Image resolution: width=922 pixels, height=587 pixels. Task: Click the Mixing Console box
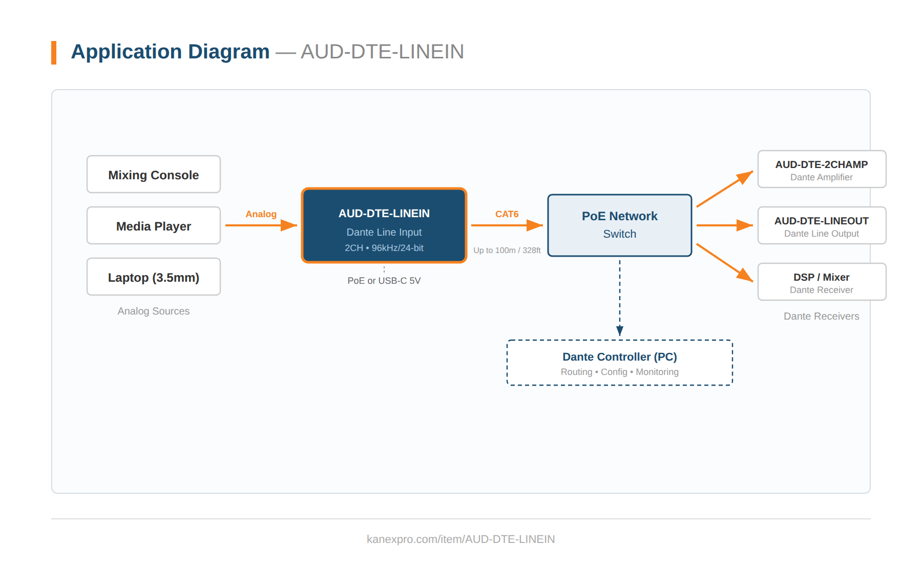[x=154, y=175]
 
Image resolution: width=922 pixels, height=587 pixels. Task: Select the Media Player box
[x=154, y=226]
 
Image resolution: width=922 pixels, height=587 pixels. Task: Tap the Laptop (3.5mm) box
[x=154, y=277]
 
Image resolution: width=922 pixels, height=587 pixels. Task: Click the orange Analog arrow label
[x=261, y=214]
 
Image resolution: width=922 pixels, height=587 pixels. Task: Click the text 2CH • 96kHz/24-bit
[x=384, y=248]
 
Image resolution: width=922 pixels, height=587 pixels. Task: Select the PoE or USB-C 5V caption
[x=384, y=281]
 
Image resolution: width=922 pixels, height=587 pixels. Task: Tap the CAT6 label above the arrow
[x=507, y=214]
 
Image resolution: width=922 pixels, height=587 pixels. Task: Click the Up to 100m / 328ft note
[x=507, y=250]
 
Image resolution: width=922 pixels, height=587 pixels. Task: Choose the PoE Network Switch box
[x=619, y=225]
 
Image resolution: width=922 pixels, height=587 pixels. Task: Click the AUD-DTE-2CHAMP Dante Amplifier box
[x=821, y=170]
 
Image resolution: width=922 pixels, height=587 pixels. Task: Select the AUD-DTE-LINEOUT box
[x=821, y=226]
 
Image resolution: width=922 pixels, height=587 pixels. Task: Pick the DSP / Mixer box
[x=821, y=282]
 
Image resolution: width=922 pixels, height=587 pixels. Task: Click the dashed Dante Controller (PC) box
[x=619, y=363]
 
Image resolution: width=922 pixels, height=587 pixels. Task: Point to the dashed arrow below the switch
[x=620, y=297]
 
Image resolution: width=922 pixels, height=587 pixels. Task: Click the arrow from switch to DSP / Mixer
[x=724, y=262]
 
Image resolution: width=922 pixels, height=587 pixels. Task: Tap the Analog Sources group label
[x=154, y=311]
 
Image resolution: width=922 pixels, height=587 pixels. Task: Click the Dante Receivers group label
[x=821, y=317]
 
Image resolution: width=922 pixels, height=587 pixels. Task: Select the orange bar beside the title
[x=54, y=53]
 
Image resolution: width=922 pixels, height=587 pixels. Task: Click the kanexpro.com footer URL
[x=460, y=539]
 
